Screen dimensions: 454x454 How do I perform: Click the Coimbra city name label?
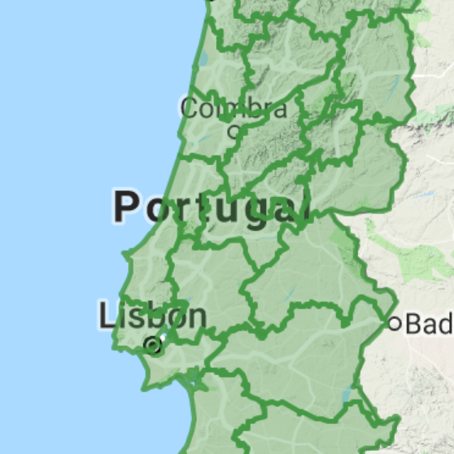tap(234, 108)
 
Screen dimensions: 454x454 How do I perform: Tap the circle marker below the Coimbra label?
tap(234, 130)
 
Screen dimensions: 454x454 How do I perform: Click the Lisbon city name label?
tap(152, 316)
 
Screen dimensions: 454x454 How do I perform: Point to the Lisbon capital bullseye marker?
tap(152, 346)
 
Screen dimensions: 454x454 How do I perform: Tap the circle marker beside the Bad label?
tap(395, 324)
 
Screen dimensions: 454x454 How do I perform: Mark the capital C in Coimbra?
tap(190, 108)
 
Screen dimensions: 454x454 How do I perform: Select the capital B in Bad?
tap(413, 325)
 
